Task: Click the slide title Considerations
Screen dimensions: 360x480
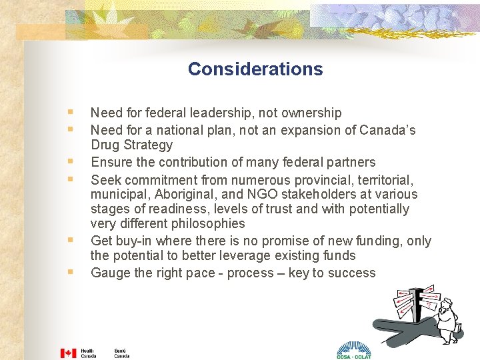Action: click(255, 69)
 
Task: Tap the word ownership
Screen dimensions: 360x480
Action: click(311, 113)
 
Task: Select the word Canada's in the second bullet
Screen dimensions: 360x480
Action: click(396, 129)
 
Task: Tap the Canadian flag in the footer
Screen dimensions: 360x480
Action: click(69, 353)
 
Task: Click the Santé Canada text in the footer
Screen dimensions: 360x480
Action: click(121, 353)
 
